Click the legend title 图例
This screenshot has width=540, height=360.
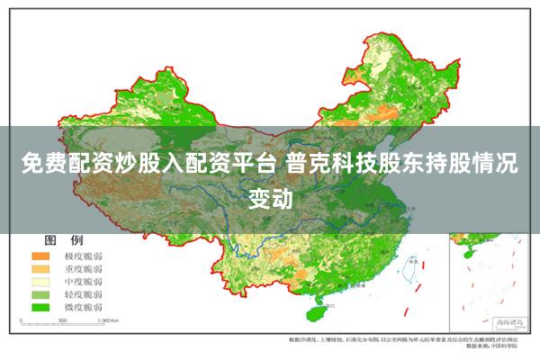pos(64,241)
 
